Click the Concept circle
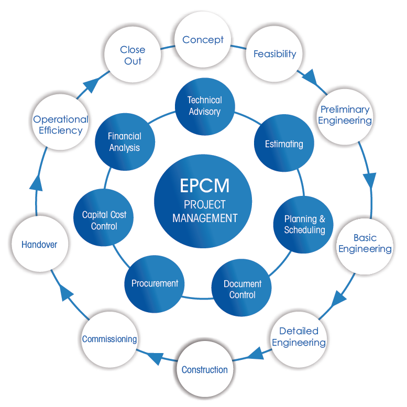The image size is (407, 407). coord(203,40)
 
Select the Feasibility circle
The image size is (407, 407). coord(274,54)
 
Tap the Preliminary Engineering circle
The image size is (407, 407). coord(345,115)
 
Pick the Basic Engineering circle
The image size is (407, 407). coord(365,244)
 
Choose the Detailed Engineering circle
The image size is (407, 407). coord(299,337)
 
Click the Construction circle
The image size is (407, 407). coord(204,370)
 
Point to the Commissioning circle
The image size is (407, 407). coord(109,339)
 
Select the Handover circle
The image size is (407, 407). coord(39,244)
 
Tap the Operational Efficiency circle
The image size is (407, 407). coord(61,125)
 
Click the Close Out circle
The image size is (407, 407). coord(133,55)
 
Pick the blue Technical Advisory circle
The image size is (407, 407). coord(204,106)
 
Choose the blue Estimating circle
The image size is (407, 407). coord(284,144)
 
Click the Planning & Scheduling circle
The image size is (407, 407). coord(304,225)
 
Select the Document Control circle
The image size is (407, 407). coord(242,289)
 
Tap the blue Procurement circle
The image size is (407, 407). coord(155,283)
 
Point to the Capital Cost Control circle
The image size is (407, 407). coord(104,221)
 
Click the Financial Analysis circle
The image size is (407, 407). coord(125,142)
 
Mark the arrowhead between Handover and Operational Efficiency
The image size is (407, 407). coord(35,183)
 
